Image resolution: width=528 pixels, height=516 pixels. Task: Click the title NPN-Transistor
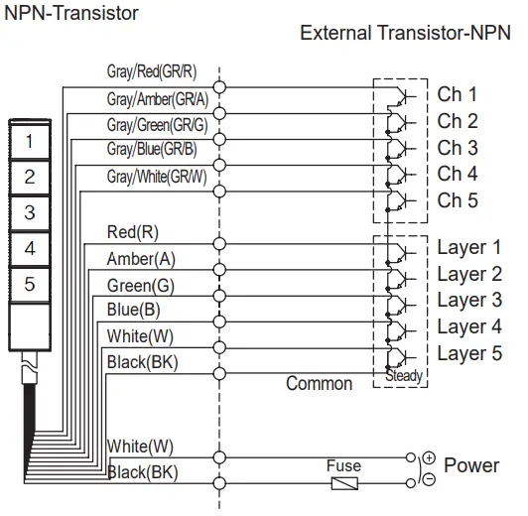point(71,13)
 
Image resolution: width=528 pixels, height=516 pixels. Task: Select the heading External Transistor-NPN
point(404,34)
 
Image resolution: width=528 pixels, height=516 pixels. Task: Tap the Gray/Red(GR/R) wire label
point(151,72)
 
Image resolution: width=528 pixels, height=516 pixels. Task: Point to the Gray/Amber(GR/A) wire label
point(157,99)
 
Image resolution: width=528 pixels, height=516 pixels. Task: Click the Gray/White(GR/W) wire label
point(157,177)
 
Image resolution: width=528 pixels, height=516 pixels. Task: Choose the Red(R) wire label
point(132,232)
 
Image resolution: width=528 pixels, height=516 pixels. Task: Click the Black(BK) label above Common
point(142,362)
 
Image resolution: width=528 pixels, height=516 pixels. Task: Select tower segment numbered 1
point(30,142)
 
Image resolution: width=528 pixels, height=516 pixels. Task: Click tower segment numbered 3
point(30,212)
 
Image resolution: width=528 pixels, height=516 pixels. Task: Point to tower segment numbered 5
point(30,284)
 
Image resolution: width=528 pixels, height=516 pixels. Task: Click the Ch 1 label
point(458,95)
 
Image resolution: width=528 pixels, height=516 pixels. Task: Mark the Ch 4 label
point(458,174)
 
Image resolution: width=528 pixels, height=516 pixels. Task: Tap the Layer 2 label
point(469,274)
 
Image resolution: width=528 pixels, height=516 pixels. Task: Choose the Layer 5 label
point(469,353)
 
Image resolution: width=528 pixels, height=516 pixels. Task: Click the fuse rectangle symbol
point(343,483)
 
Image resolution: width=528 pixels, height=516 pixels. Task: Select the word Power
point(471,465)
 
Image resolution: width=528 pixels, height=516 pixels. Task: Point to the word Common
point(319,383)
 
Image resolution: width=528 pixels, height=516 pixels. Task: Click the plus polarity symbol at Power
point(429,457)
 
